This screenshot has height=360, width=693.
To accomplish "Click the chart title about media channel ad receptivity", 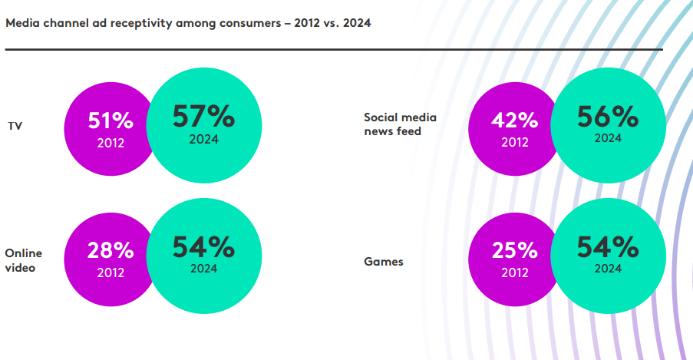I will pyautogui.click(x=188, y=23).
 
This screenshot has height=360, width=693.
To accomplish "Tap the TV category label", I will pyautogui.click(x=15, y=125).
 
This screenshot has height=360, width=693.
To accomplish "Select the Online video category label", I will pyautogui.click(x=24, y=260).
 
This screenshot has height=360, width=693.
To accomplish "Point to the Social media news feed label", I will pyautogui.click(x=400, y=124).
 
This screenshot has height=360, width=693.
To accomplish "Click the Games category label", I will pyautogui.click(x=383, y=262).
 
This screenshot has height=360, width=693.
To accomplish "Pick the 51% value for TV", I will pyautogui.click(x=111, y=121).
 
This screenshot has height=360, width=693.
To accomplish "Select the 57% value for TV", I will pyautogui.click(x=203, y=116).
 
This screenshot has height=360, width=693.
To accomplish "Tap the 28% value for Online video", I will pyautogui.click(x=111, y=250).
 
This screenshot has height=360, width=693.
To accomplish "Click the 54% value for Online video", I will pyautogui.click(x=203, y=246).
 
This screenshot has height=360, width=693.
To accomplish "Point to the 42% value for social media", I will pyautogui.click(x=514, y=121).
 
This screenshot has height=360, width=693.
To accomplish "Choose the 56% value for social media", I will pyautogui.click(x=607, y=116).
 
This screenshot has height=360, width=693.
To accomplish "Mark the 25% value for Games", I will pyautogui.click(x=514, y=250).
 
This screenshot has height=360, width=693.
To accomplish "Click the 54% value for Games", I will pyautogui.click(x=607, y=246).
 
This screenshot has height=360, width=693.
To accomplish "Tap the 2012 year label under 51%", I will pyautogui.click(x=111, y=142).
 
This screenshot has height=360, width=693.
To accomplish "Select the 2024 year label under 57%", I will pyautogui.click(x=203, y=139).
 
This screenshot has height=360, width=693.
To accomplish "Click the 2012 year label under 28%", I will pyautogui.click(x=111, y=272).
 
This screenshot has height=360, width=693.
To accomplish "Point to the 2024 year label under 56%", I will pyautogui.click(x=607, y=138).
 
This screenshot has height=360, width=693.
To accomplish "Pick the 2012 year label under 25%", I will pyautogui.click(x=514, y=272).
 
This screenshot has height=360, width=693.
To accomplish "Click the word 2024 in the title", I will pyautogui.click(x=357, y=23).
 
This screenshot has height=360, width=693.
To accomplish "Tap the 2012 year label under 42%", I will pyautogui.click(x=514, y=142).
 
